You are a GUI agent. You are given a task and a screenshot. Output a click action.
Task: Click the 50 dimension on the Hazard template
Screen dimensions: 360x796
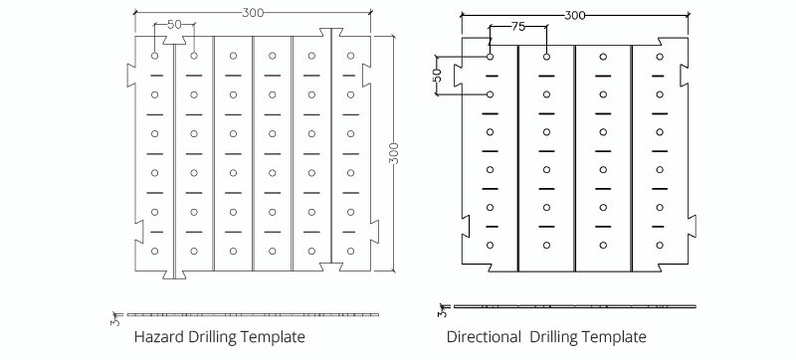(174, 22)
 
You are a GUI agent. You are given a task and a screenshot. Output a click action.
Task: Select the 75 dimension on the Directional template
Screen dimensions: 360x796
(517, 27)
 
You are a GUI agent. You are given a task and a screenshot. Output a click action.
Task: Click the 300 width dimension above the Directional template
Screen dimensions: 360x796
(574, 15)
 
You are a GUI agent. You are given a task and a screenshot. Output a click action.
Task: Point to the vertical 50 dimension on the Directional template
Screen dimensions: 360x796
(436, 76)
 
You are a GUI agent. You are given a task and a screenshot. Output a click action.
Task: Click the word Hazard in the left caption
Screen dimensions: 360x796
(159, 336)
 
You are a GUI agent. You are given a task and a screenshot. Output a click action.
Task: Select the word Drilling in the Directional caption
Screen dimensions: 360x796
(561, 336)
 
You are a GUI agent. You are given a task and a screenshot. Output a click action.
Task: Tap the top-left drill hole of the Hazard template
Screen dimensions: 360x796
(154, 56)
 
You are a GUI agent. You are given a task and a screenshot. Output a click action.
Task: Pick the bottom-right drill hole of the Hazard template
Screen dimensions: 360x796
(350, 251)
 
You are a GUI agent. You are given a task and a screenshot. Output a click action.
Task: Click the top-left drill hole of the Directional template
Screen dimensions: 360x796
(491, 57)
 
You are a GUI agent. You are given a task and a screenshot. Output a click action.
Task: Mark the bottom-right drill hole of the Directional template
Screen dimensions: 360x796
(659, 245)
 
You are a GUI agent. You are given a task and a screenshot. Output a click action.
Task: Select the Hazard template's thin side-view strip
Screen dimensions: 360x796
(254, 314)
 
